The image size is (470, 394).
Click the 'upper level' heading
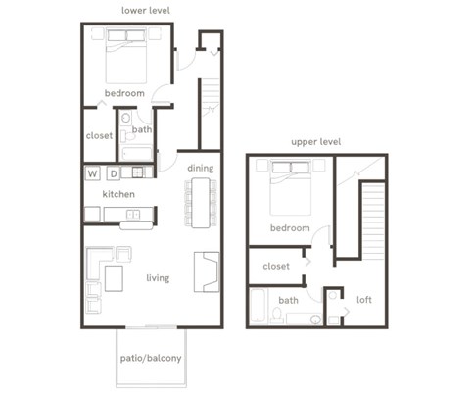click(x=315, y=142)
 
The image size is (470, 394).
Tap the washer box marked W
click(x=93, y=173)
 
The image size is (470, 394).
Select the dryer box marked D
click(x=114, y=173)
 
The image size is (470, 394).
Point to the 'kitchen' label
click(x=119, y=194)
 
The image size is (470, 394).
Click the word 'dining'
click(x=200, y=168)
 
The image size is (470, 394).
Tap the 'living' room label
click(x=158, y=278)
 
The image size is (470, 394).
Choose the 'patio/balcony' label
click(x=150, y=358)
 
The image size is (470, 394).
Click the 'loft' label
click(x=364, y=300)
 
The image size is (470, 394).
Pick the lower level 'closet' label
click(x=99, y=135)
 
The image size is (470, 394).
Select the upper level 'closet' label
click(x=276, y=266)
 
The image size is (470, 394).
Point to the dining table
click(x=201, y=203)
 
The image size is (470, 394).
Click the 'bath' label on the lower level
click(x=142, y=129)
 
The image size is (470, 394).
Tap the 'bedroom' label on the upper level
click(x=290, y=228)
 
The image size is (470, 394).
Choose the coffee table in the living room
click(x=115, y=279)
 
